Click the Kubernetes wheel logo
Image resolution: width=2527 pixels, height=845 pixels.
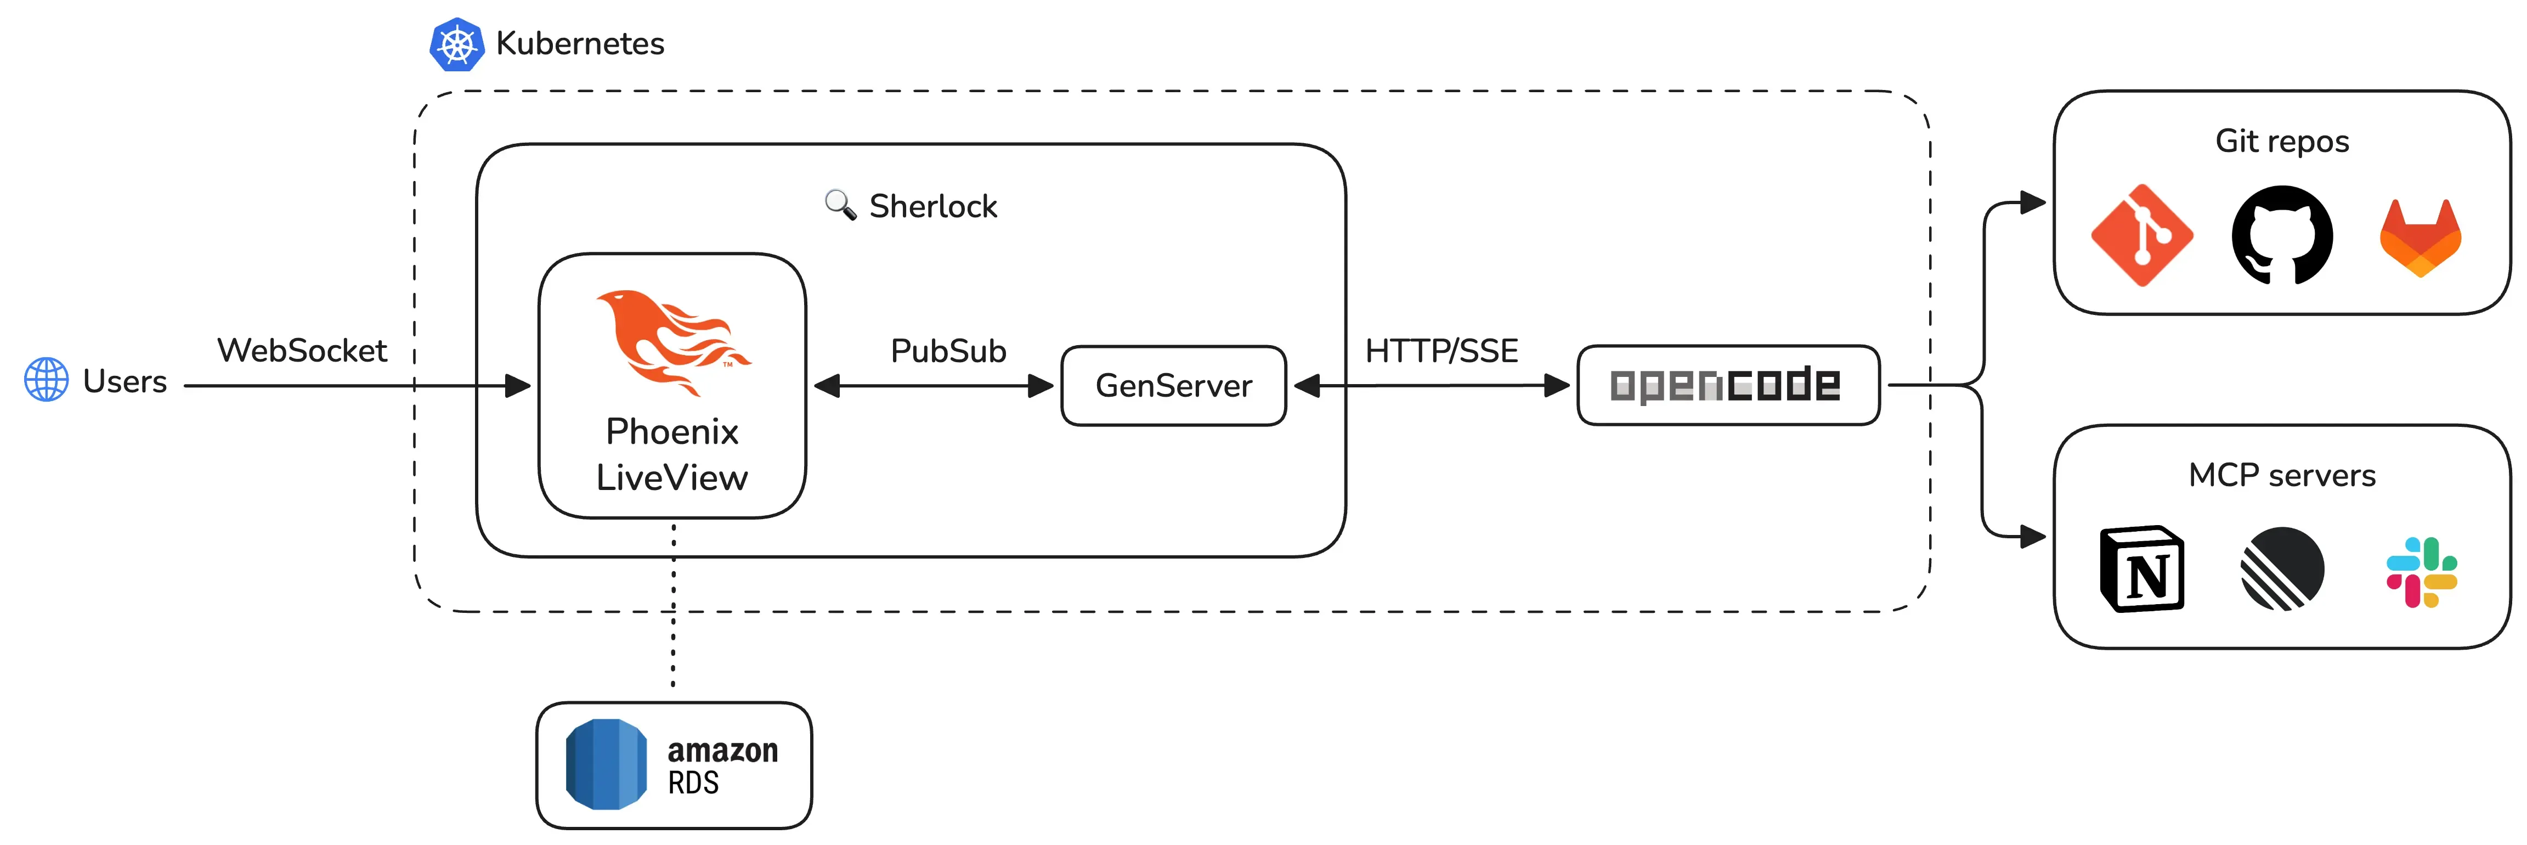click(456, 44)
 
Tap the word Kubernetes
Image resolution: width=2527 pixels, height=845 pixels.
click(580, 44)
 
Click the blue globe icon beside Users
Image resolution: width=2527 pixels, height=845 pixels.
click(46, 380)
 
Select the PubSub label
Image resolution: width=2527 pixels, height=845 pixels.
click(948, 351)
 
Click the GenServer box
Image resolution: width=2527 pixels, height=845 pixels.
click(1173, 386)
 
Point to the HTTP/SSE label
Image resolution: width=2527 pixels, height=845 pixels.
click(1441, 351)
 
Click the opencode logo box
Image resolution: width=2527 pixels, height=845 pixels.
click(1727, 385)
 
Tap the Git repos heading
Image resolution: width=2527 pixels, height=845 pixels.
click(2282, 142)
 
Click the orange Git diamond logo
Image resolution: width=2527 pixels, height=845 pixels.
click(2141, 235)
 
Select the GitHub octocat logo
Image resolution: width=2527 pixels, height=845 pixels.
click(2282, 235)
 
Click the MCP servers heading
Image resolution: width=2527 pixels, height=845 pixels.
click(2282, 475)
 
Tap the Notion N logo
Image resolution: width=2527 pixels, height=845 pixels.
click(2141, 569)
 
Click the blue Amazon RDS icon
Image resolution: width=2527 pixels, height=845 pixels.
click(605, 764)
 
